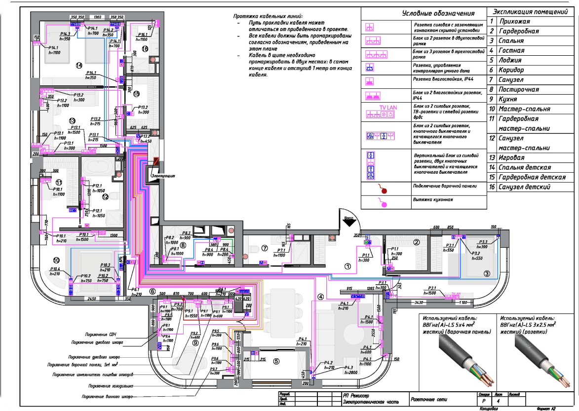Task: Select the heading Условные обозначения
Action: (425, 13)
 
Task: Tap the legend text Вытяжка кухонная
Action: (433, 200)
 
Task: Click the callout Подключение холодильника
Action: (111, 385)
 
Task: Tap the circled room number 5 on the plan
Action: (277, 361)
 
